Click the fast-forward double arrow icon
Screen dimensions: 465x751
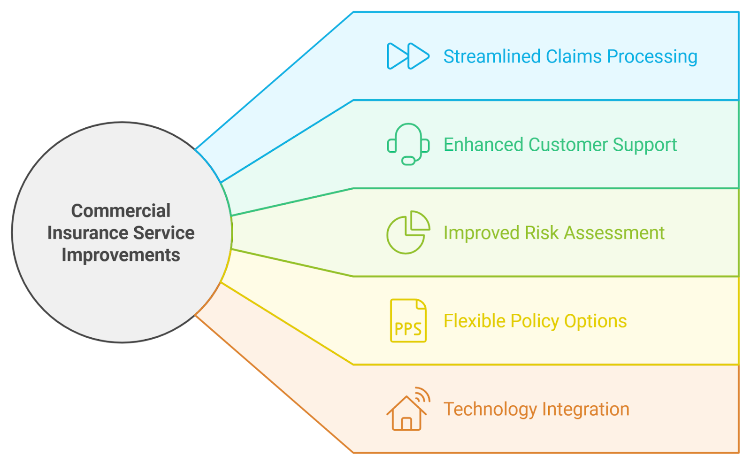[408, 56]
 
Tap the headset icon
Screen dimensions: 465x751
[408, 144]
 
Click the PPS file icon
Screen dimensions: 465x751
[408, 321]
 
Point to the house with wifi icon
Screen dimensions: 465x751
[408, 409]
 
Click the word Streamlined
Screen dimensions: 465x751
[492, 56]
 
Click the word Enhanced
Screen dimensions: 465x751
[483, 145]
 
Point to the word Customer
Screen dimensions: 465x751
[568, 145]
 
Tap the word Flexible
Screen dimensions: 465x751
[475, 321]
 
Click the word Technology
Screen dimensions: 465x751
[490, 410]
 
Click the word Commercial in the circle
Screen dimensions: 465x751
[121, 211]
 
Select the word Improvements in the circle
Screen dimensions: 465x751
[121, 255]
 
